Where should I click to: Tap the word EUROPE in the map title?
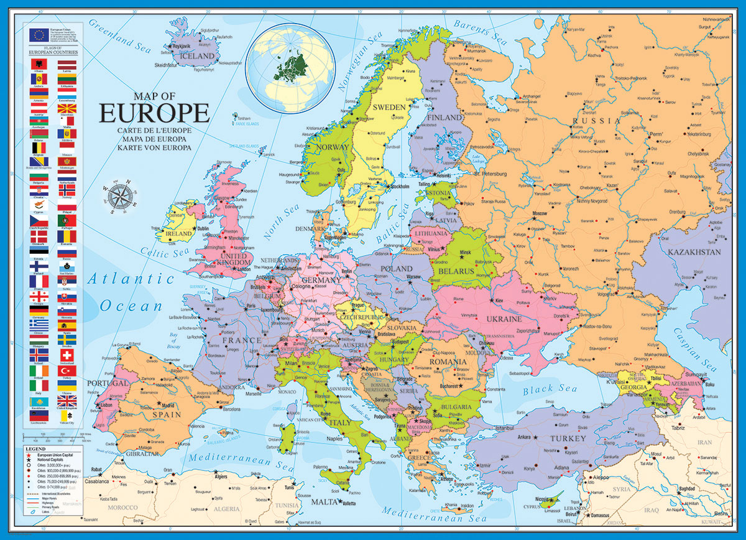(x=154, y=114)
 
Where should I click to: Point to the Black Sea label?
(x=550, y=390)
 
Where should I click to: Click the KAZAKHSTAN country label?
(x=694, y=252)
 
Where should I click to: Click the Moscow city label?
(x=539, y=213)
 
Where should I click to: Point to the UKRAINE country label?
(x=503, y=319)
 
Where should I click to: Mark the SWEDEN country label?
(x=389, y=107)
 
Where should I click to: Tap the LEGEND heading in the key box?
(x=35, y=449)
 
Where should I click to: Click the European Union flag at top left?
(x=39, y=34)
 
